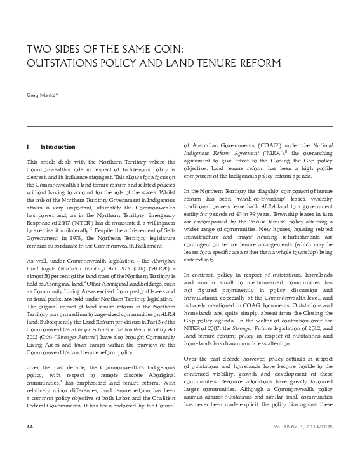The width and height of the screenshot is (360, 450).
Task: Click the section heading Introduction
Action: [x=58, y=147]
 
